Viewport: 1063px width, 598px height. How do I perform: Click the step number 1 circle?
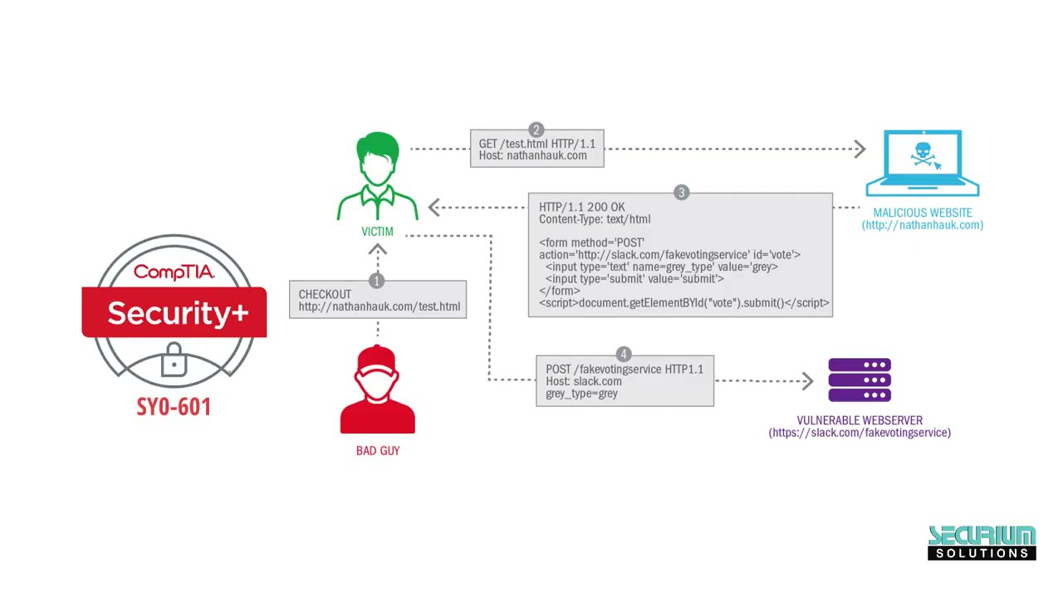pos(376,281)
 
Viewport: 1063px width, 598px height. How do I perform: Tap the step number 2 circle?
pos(536,130)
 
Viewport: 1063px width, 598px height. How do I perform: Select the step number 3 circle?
pos(681,193)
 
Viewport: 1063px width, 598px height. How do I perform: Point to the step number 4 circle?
pos(624,355)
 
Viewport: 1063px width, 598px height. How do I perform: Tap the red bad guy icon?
pos(378,390)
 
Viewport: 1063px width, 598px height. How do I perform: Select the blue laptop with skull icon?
pos(922,163)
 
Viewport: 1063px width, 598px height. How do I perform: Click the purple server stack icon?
pos(860,380)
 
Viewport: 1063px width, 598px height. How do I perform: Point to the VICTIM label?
pos(378,232)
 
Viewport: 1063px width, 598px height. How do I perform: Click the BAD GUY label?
pos(378,450)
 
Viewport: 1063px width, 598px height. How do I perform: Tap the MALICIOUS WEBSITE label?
pos(922,213)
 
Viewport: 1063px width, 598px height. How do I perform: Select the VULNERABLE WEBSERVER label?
pos(860,420)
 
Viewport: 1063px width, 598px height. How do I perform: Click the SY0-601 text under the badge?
pos(174,407)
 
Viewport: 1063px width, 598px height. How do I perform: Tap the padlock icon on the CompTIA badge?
pos(174,360)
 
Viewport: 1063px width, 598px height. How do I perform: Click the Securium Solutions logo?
pos(982,542)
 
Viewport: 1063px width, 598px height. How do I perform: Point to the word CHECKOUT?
pos(325,294)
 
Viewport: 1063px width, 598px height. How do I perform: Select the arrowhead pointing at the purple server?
pos(807,381)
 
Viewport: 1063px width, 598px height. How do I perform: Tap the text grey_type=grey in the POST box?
pos(581,394)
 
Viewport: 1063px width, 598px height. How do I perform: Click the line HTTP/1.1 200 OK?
pos(582,207)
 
